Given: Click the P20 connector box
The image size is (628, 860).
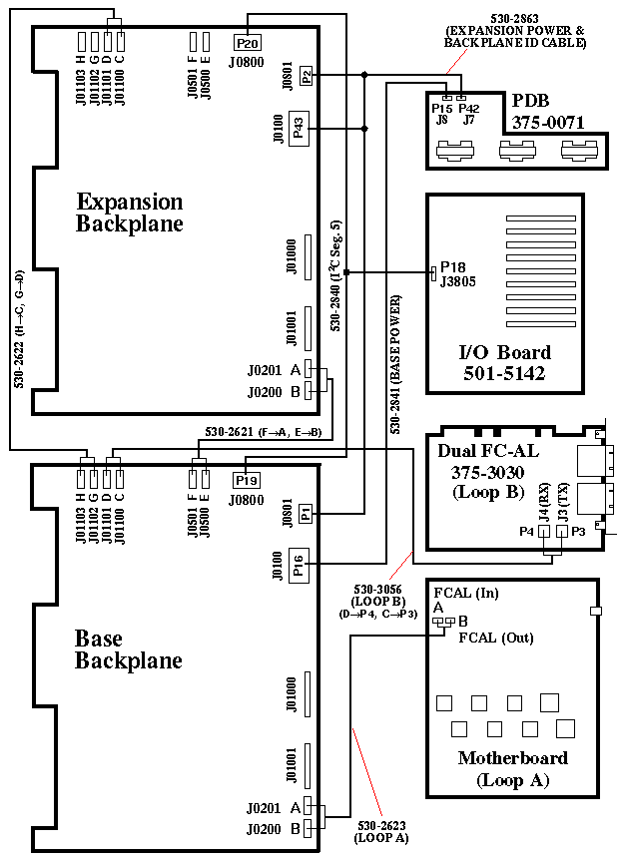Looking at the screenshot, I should click(x=247, y=43).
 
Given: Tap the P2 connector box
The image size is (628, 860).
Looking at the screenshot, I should click(x=306, y=75).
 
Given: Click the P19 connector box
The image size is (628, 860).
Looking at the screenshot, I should click(x=246, y=477).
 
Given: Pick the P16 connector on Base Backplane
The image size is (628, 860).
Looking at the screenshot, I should click(x=299, y=566).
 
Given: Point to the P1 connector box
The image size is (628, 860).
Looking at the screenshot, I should click(x=306, y=513).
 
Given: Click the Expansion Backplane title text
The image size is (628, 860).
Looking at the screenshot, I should click(x=130, y=213).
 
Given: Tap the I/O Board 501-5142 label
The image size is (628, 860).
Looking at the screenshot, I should click(x=504, y=363).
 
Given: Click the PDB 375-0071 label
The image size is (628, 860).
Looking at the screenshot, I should click(x=547, y=112).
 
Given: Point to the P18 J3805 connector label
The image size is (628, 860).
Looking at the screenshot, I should click(x=451, y=274).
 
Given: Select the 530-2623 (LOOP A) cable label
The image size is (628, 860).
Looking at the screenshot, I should click(x=381, y=832).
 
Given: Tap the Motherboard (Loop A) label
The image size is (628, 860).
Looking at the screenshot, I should click(x=512, y=768).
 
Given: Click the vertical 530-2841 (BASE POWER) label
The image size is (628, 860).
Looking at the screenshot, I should click(x=395, y=364).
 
